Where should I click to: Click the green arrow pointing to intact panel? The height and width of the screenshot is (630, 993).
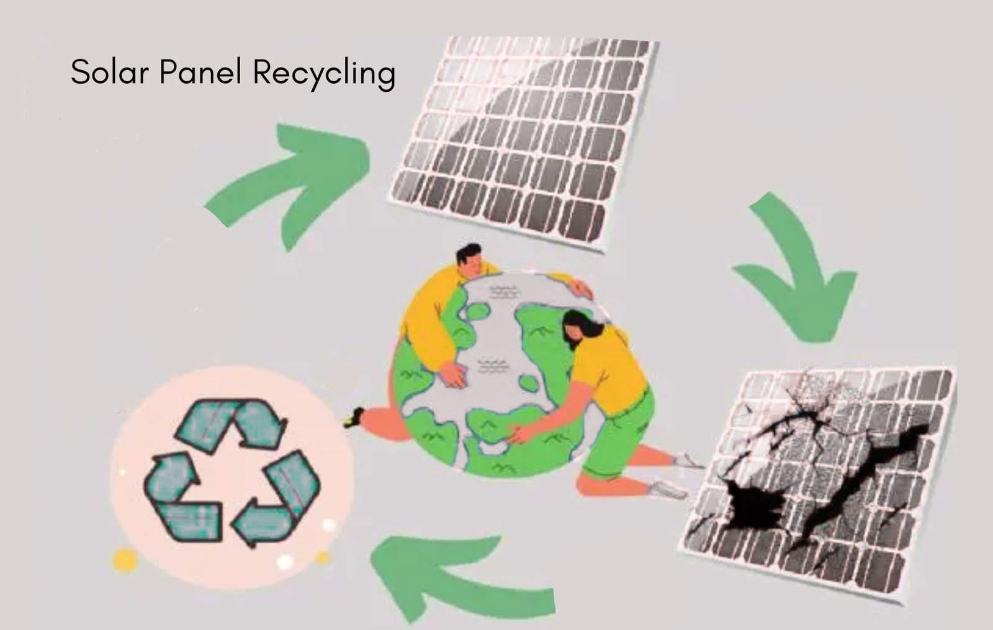(x=292, y=180)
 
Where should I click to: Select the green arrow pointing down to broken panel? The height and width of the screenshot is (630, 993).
(x=801, y=273)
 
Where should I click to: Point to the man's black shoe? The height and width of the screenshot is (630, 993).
(x=354, y=417)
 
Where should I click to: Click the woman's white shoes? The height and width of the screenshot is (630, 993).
(x=673, y=477)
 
